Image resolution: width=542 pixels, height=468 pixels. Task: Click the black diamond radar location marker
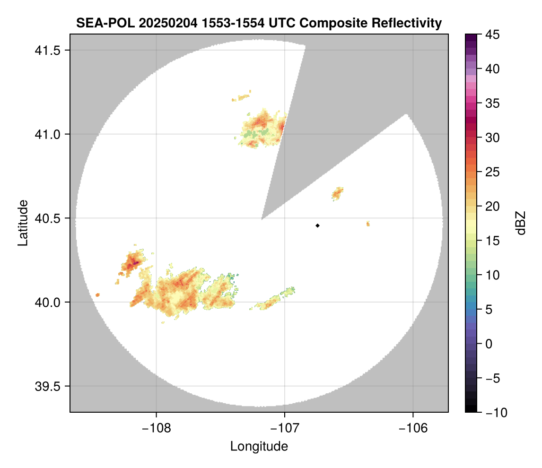pyautogui.click(x=317, y=225)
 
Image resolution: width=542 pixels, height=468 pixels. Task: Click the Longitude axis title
pyautogui.click(x=259, y=446)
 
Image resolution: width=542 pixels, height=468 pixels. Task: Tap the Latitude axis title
pyautogui.click(x=23, y=223)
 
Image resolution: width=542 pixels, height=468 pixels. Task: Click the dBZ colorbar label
pyautogui.click(x=521, y=223)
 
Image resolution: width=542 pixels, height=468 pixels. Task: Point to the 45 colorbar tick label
pyautogui.click(x=493, y=35)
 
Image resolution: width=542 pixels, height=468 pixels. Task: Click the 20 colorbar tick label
pyautogui.click(x=493, y=206)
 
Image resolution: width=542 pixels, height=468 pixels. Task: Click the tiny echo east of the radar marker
pyautogui.click(x=368, y=224)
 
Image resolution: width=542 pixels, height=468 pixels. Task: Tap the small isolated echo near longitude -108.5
pyautogui.click(x=97, y=295)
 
